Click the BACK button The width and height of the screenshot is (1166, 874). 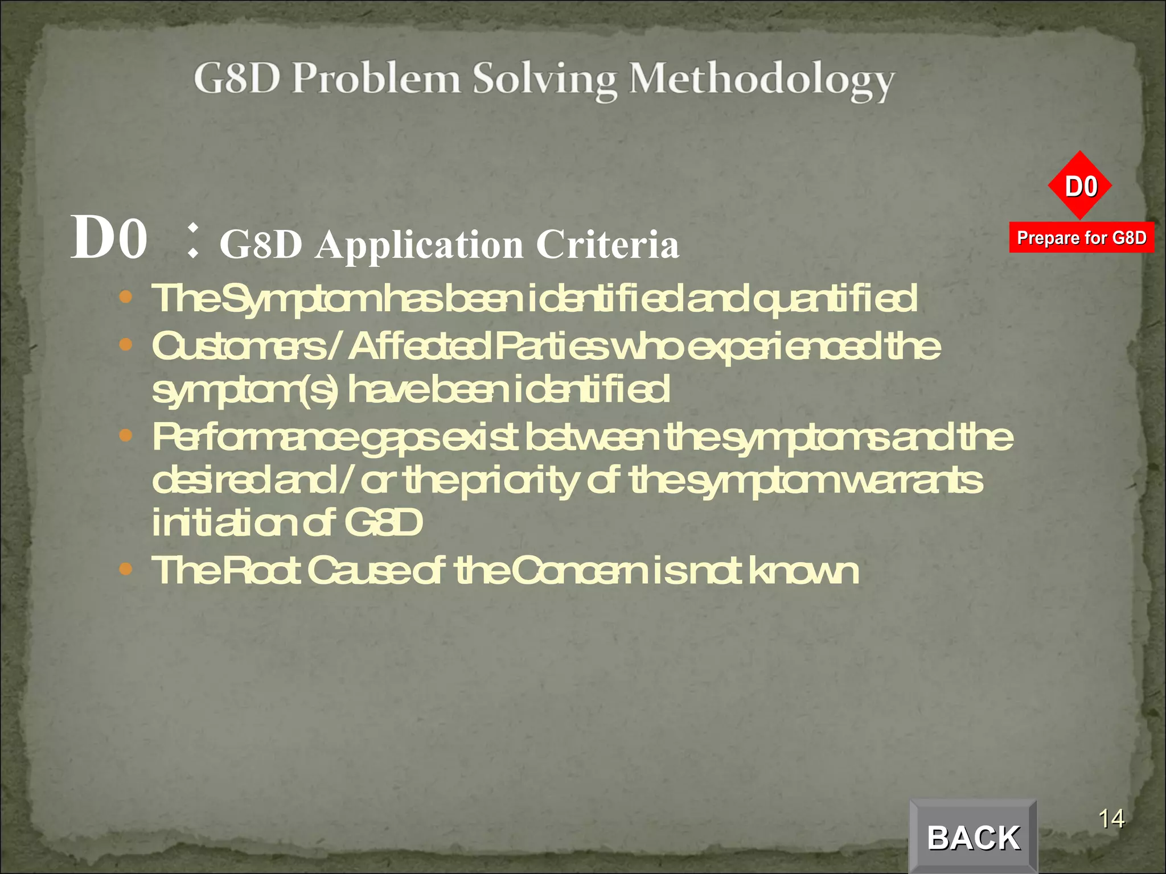coord(973,837)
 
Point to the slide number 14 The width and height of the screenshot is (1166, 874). coord(1111,819)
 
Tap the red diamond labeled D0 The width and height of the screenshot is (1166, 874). coord(1080,186)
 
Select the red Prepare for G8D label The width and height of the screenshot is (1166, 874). coord(1081,237)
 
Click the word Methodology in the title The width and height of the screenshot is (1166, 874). coord(762,80)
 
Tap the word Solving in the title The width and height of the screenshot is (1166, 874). coord(545,80)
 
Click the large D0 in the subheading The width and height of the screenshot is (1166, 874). coord(109,238)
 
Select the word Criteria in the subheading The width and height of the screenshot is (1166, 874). coord(607,245)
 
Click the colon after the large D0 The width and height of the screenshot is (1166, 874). coord(194,240)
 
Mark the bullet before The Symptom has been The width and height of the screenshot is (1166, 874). coord(126,297)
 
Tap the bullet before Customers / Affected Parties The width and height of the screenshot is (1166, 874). coord(126,344)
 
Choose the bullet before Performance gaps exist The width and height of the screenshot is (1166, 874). coord(126,436)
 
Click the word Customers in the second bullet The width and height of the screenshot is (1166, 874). coord(239,347)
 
